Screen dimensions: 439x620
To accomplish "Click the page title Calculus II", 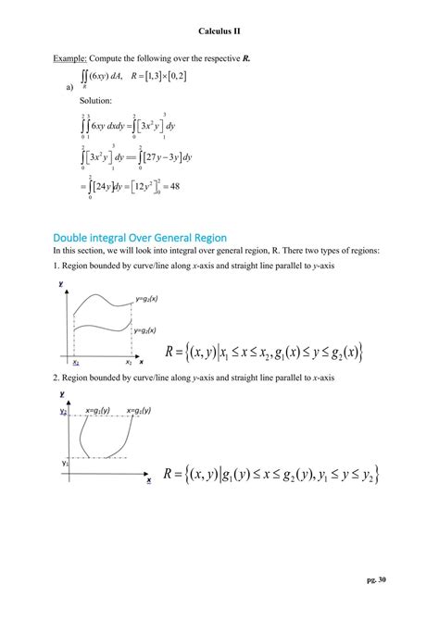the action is (x=219, y=31).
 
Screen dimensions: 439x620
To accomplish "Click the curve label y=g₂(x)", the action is (x=145, y=299).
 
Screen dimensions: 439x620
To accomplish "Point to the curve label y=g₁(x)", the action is (x=145, y=329).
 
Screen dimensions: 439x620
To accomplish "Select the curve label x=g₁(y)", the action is (x=97, y=409).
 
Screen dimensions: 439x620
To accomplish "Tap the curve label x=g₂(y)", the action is (x=135, y=409).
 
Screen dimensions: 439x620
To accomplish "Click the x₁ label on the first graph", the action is (x=75, y=363).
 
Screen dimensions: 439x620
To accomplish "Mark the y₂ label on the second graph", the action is (x=63, y=409).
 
